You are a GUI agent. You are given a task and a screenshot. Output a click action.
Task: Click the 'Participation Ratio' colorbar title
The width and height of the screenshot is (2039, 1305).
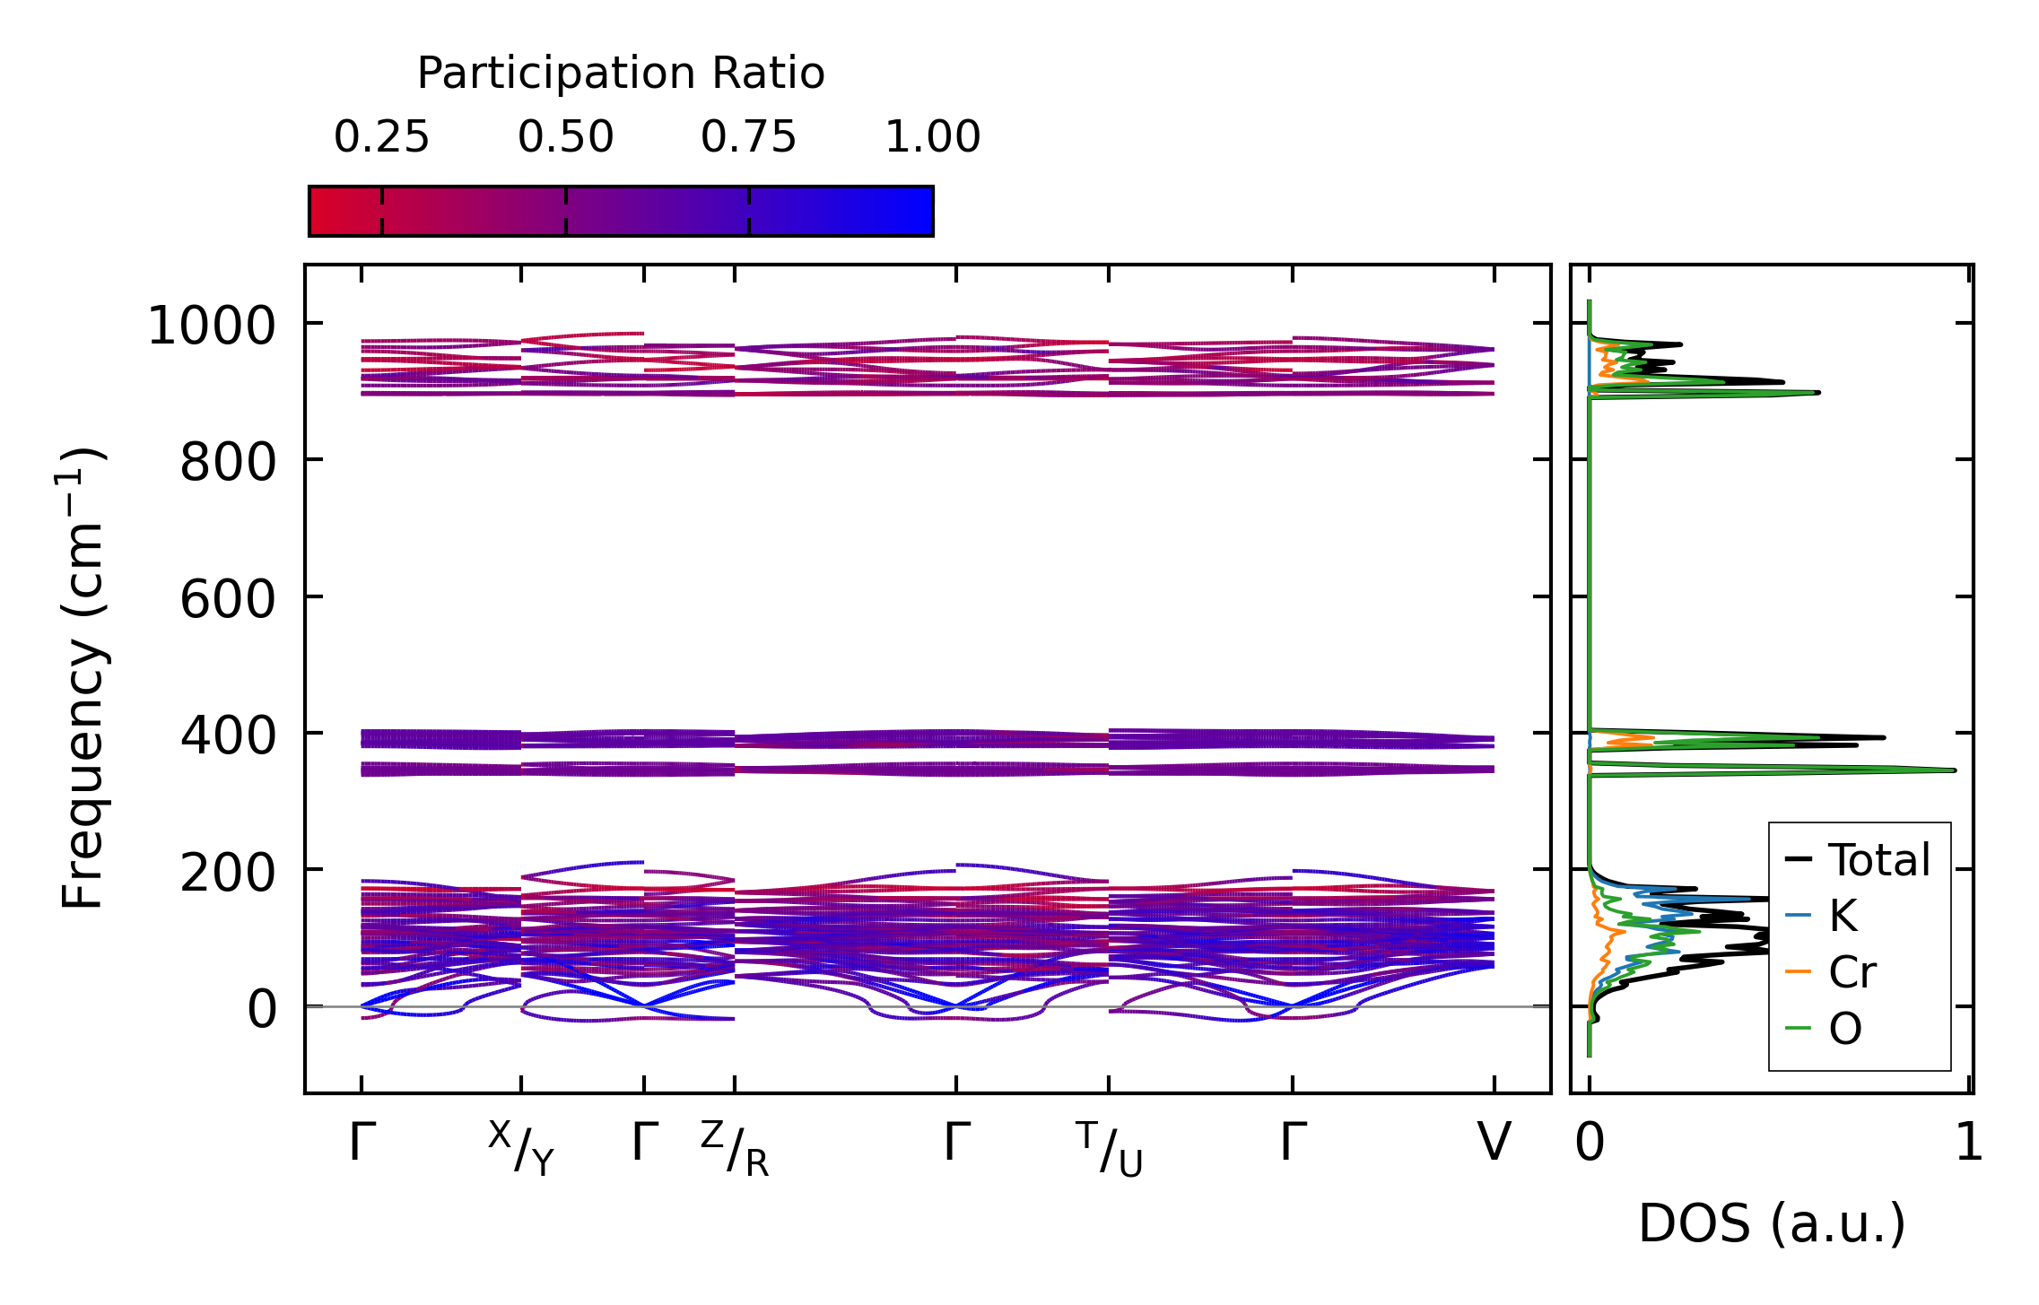coord(621,74)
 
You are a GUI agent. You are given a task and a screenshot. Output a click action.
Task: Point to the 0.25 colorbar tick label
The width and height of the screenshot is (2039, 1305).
coord(382,138)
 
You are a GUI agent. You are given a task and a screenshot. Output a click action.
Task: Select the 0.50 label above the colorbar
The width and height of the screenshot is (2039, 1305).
coord(565,138)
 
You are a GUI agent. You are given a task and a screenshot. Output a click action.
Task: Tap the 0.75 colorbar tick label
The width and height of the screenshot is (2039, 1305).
coord(748,138)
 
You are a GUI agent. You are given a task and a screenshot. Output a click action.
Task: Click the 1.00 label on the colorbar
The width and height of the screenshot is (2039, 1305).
coord(932,138)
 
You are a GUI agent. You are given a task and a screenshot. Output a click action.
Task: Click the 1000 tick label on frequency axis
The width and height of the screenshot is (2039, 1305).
coord(212,325)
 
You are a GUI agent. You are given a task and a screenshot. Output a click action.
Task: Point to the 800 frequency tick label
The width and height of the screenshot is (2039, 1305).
coord(228,463)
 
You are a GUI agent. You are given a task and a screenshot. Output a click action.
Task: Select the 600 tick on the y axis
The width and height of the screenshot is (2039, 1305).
coord(228,599)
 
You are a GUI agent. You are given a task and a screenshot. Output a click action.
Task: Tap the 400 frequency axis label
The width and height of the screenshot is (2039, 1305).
coord(228,736)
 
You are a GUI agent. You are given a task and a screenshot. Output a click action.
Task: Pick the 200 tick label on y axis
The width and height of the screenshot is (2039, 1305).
coord(228,873)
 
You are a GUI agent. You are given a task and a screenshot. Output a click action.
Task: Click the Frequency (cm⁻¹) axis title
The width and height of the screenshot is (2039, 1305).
coord(83,678)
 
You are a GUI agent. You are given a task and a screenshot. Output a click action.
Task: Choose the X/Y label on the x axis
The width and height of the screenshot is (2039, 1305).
coord(522,1148)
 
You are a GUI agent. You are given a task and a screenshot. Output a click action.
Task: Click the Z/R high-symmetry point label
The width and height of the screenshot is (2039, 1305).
coord(735,1148)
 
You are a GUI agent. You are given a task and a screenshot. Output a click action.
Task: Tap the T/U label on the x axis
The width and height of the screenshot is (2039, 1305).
coord(1109,1148)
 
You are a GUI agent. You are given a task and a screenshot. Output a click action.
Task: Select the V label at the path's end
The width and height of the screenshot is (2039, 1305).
coord(1494,1143)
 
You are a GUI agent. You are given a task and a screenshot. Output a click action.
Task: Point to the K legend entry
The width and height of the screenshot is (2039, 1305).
coord(1843,916)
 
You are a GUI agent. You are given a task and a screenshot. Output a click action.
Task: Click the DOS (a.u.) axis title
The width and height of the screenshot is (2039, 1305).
coord(1772,1224)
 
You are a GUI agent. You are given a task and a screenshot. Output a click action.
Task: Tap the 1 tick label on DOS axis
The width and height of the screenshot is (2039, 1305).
coord(1969,1143)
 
